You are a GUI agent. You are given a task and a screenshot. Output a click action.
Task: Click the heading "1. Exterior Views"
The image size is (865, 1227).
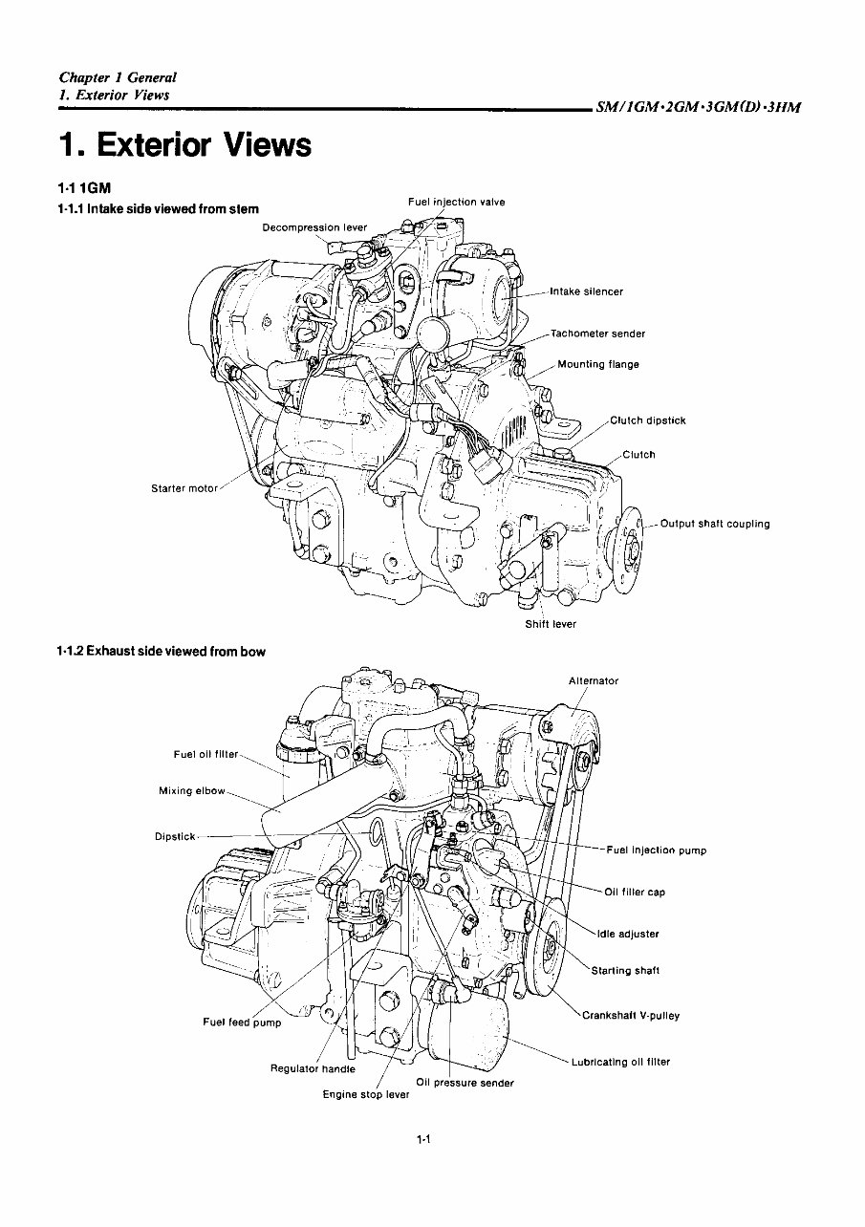(184, 145)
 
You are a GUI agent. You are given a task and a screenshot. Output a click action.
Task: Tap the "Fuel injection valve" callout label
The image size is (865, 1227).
(456, 202)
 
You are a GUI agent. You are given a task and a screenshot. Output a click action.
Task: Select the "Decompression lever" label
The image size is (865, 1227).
(314, 227)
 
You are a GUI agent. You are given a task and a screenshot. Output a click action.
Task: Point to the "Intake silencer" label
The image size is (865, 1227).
(586, 291)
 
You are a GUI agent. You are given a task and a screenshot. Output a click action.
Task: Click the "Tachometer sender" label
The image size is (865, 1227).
(597, 334)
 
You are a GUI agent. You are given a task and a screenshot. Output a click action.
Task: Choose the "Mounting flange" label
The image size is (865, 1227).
(598, 364)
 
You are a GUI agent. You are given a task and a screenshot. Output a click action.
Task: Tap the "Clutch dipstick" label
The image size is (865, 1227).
(647, 420)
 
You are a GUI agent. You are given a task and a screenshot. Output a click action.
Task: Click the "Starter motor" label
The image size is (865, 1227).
(184, 489)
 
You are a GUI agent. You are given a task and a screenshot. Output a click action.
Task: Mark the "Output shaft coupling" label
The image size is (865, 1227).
(714, 524)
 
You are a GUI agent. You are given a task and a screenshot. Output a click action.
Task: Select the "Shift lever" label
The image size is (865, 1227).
(551, 624)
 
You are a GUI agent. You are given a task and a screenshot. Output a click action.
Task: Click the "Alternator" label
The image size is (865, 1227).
(594, 681)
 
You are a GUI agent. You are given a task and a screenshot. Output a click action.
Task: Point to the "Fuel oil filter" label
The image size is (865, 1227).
(205, 754)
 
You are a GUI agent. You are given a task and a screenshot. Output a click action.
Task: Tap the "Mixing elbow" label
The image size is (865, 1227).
(192, 790)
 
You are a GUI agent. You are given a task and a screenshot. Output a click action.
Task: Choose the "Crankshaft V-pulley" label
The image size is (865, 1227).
(631, 1015)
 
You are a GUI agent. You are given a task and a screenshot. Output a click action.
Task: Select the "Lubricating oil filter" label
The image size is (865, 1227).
(620, 1062)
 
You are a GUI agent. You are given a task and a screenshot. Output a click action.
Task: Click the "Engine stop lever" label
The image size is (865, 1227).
(365, 1094)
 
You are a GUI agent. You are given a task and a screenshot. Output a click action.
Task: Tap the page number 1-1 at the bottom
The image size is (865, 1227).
(425, 1139)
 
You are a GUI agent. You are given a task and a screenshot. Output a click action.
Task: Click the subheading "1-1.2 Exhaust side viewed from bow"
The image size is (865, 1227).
(161, 652)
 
